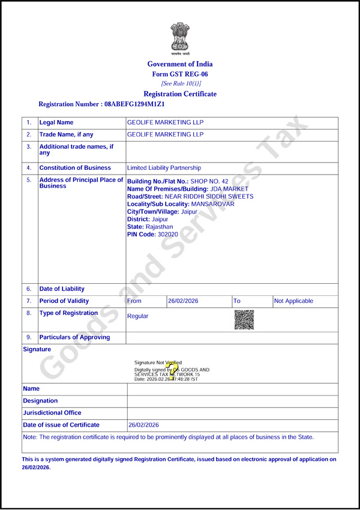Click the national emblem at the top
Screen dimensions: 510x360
coord(179,37)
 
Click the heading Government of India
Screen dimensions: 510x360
coord(180,64)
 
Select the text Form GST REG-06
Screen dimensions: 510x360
coord(180,74)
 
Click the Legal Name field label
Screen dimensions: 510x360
coord(56,122)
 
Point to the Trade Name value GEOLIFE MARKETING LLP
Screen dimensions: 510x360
coord(166,134)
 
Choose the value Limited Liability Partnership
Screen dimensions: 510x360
coord(164,168)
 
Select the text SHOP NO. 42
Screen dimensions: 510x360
coord(209,181)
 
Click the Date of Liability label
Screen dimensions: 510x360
coord(62,289)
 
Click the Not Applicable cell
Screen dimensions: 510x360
coord(293,301)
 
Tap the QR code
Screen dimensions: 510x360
coord(244,319)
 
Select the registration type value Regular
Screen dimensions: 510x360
coord(137,316)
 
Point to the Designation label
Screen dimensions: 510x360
coord(40,401)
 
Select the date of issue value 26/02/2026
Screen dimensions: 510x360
coord(144,425)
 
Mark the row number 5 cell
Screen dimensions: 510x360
coord(29,180)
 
